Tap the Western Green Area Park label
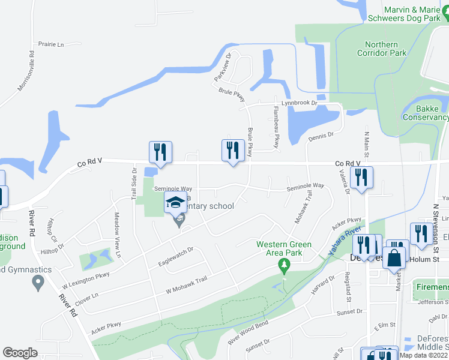(x=284, y=248)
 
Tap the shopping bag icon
(x=394, y=258)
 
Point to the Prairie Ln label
(x=51, y=44)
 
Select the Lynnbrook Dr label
(x=302, y=103)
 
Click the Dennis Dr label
(x=321, y=137)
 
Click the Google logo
(x=20, y=353)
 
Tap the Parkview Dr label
(x=223, y=68)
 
